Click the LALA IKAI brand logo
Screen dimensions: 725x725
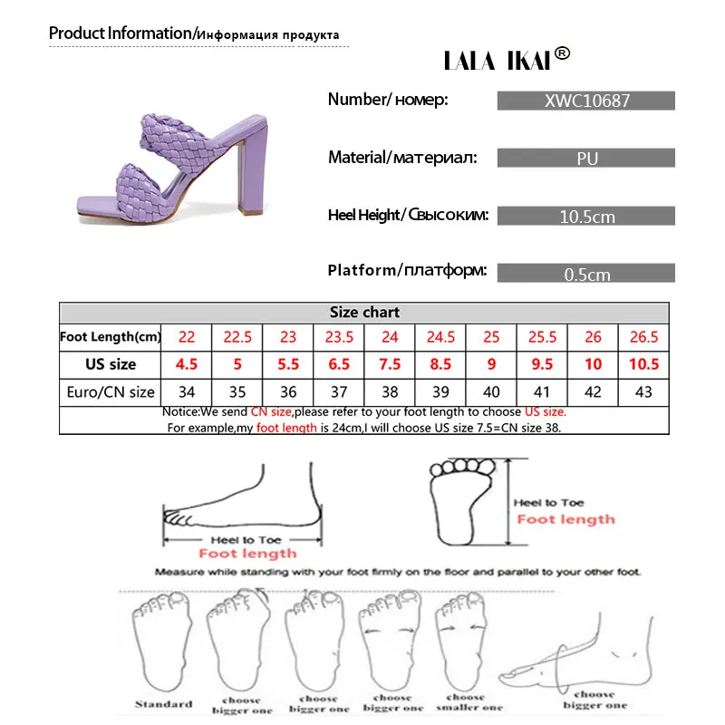tap(507, 58)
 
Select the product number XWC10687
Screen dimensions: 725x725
tap(586, 101)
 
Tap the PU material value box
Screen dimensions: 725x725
tap(586, 159)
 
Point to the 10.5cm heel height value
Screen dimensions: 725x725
tap(586, 217)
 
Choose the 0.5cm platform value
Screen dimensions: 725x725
tap(586, 274)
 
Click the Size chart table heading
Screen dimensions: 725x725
tap(364, 312)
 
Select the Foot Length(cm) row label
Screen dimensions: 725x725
tap(110, 337)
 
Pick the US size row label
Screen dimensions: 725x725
tap(110, 364)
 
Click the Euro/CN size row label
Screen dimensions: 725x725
tap(110, 393)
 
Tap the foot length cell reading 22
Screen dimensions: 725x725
tap(187, 337)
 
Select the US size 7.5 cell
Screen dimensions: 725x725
tap(390, 364)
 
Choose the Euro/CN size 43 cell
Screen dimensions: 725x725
tap(643, 393)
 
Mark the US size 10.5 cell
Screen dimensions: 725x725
tap(643, 364)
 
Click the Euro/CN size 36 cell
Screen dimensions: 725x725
tap(288, 393)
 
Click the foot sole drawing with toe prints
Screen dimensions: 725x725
tap(467, 501)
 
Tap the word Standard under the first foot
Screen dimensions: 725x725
tap(164, 703)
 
